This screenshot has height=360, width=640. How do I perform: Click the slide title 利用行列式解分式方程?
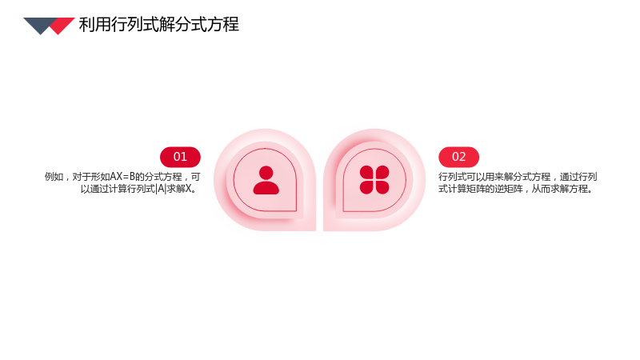click(x=158, y=25)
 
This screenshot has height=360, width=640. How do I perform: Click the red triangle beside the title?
click(x=62, y=26)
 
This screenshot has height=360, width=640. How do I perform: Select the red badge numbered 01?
click(x=180, y=157)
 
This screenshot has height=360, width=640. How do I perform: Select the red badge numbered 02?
click(x=458, y=157)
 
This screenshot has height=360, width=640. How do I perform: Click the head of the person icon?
click(x=266, y=173)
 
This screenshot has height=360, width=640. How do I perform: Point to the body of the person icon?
click(x=266, y=188)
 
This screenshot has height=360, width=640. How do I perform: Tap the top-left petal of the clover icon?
click(x=366, y=172)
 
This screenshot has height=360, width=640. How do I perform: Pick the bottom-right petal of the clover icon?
click(x=382, y=187)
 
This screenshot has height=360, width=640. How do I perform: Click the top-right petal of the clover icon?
click(x=382, y=172)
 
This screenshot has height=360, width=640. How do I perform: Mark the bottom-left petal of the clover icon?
click(x=366, y=187)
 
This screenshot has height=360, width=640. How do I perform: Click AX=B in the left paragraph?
click(x=122, y=177)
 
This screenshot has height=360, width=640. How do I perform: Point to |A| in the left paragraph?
click(x=162, y=189)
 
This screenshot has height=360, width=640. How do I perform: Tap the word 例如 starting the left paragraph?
click(x=54, y=177)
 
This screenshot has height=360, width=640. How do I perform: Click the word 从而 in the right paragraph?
click(x=541, y=189)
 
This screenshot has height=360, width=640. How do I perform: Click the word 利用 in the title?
click(x=94, y=25)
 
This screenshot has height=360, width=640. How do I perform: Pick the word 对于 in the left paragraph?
click(x=82, y=177)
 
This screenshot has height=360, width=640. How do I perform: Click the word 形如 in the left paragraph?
click(x=101, y=177)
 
